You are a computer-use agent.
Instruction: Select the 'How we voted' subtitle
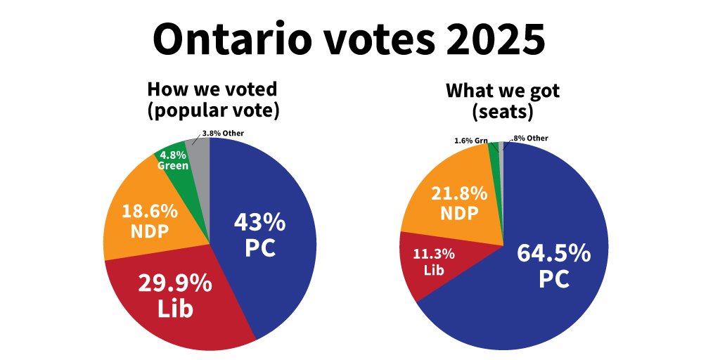pyautogui.click(x=212, y=89)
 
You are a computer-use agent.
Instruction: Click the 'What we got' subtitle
pyautogui.click(x=503, y=91)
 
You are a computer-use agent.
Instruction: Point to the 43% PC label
pyautogui.click(x=259, y=235)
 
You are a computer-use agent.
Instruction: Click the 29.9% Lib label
pyautogui.click(x=174, y=295)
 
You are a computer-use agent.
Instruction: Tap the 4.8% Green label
pyautogui.click(x=173, y=160)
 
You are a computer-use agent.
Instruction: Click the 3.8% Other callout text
pyautogui.click(x=222, y=133)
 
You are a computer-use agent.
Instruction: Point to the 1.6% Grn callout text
pyautogui.click(x=471, y=141)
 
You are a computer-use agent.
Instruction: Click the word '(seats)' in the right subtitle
pyautogui.click(x=503, y=110)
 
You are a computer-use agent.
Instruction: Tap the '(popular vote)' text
pyautogui.click(x=212, y=110)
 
